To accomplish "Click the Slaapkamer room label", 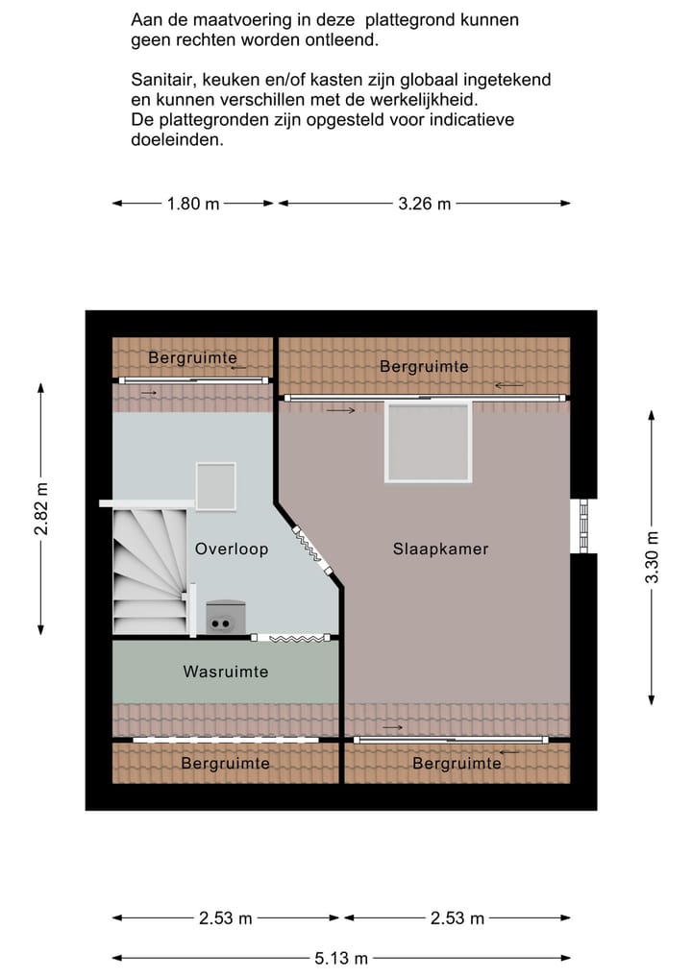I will [440, 550].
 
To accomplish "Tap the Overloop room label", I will [231, 550].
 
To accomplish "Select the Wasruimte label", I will [226, 672].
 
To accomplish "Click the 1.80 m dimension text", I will [193, 204].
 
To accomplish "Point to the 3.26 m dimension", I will [424, 204].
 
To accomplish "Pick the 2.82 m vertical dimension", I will [41, 508].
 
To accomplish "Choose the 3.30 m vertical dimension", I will [653, 557].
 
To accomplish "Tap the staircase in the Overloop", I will [149, 572].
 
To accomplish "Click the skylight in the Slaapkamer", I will [428, 442].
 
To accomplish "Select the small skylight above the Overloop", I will [215, 486].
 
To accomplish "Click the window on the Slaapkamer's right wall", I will [582, 526].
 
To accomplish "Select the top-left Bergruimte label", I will [192, 358].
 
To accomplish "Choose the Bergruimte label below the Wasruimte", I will [226, 764].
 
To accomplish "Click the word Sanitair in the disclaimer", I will [162, 81].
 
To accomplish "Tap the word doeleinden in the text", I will [177, 139].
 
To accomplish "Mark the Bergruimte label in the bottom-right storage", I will [457, 764].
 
